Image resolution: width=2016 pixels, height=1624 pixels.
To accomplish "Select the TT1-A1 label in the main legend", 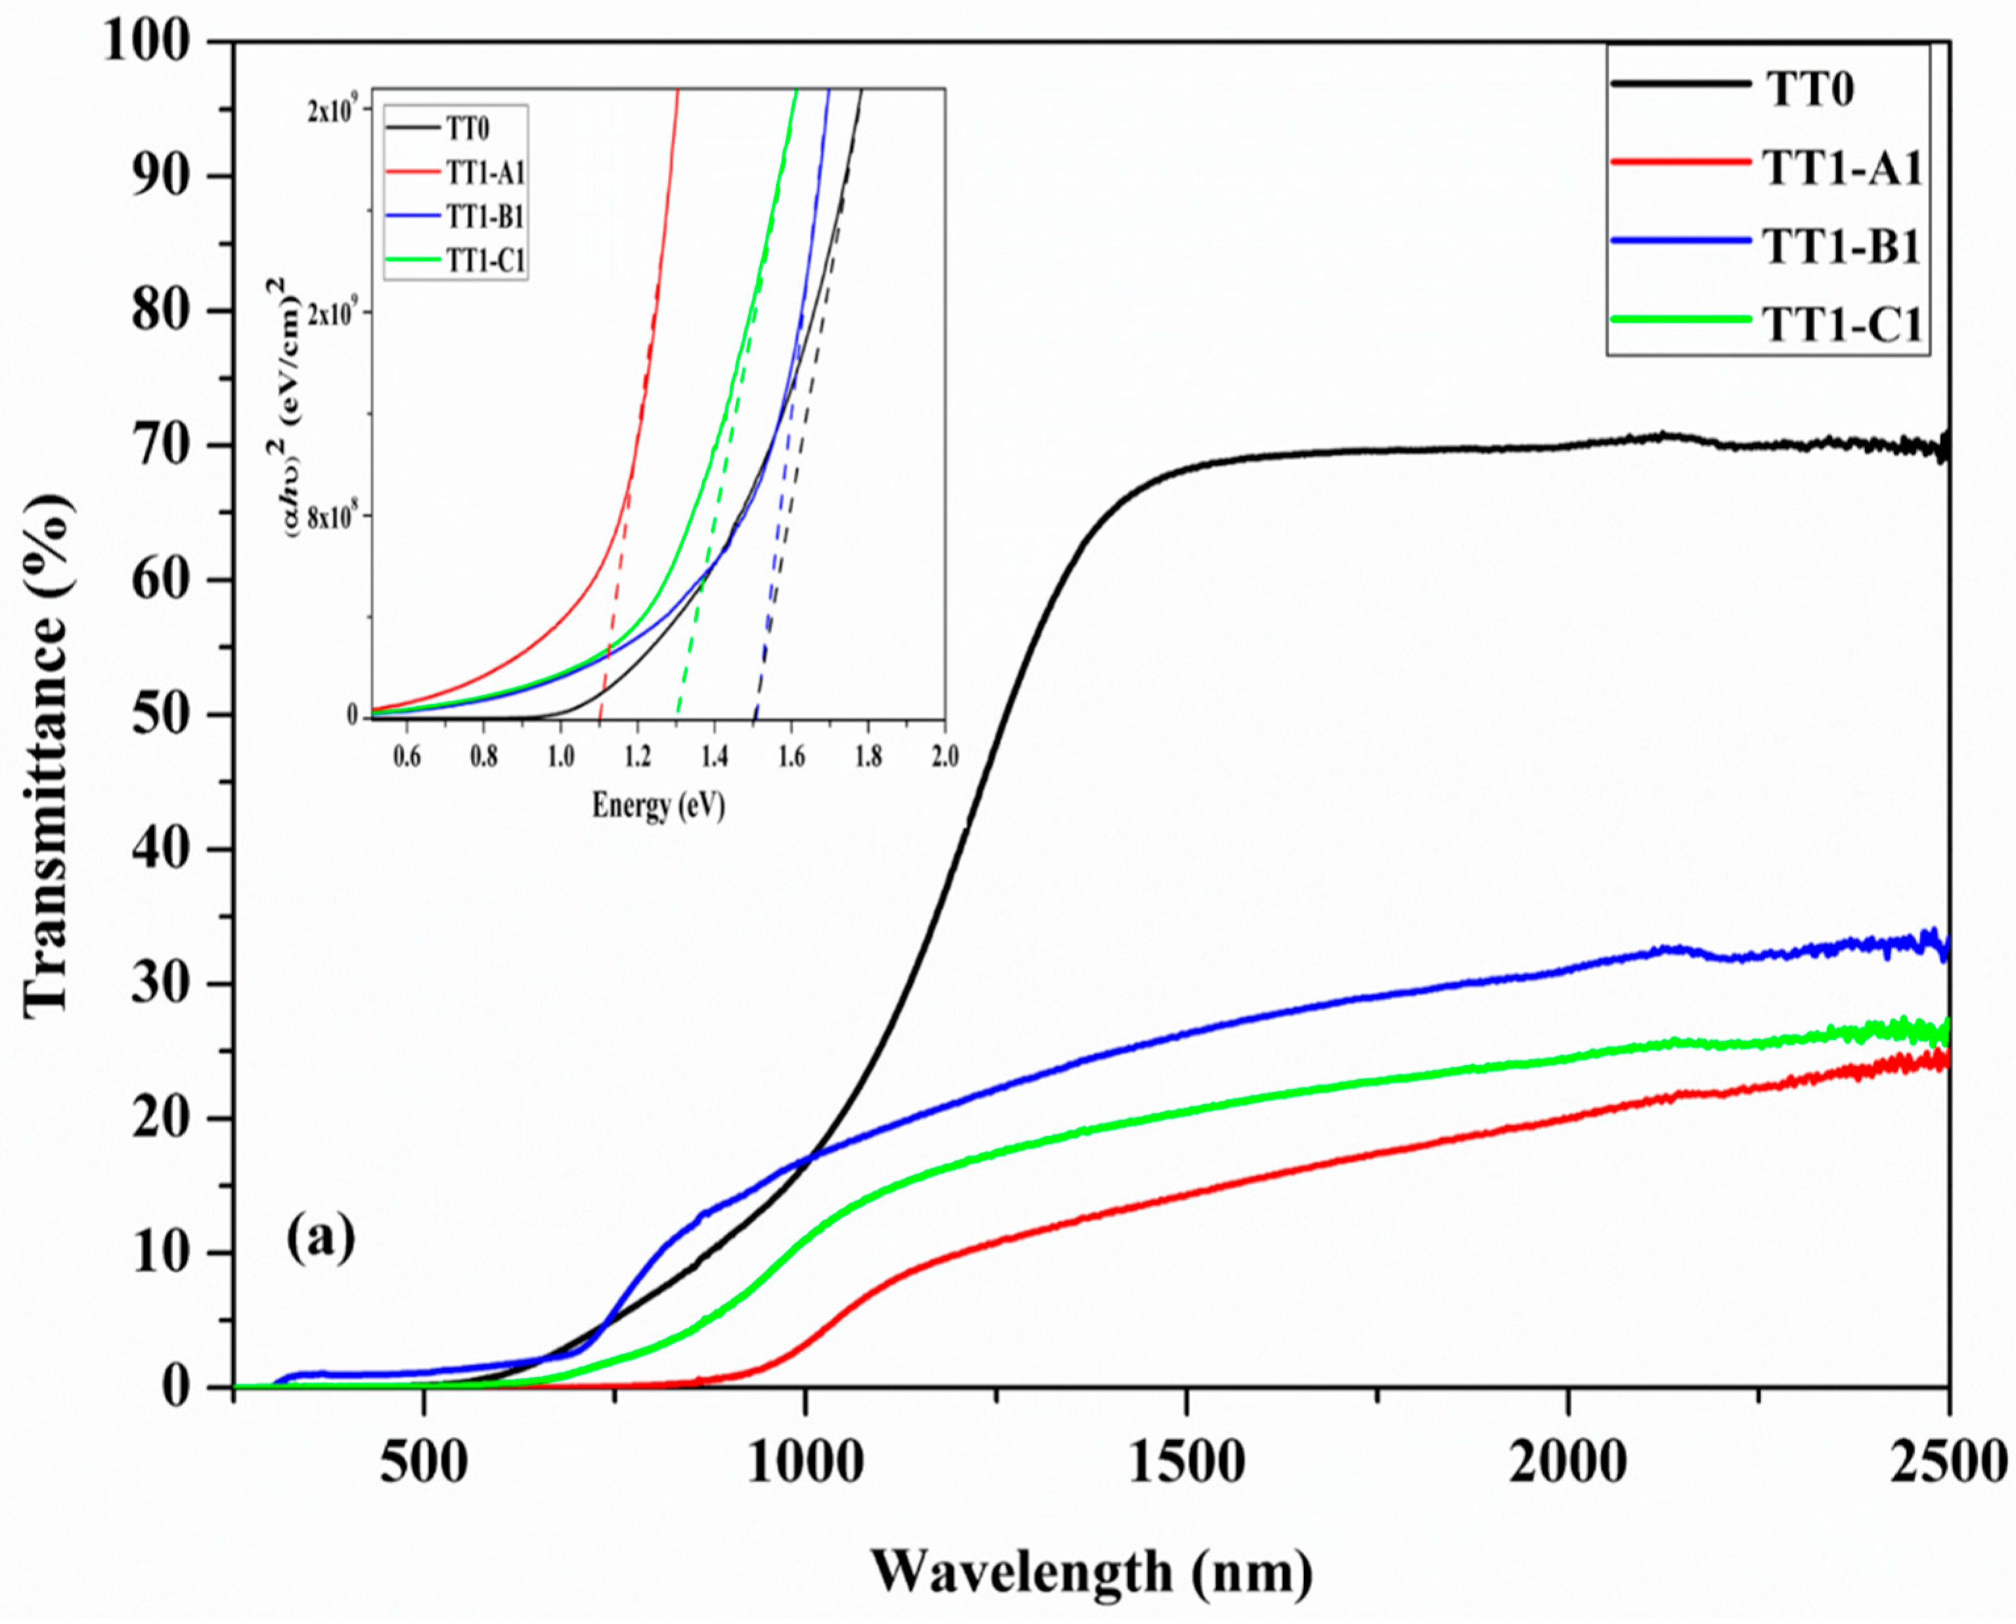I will (x=1841, y=170).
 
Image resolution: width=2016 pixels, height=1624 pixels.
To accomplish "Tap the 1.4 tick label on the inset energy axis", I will (x=714, y=756).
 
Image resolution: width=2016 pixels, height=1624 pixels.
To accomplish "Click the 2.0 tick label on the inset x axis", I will (x=944, y=756).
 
